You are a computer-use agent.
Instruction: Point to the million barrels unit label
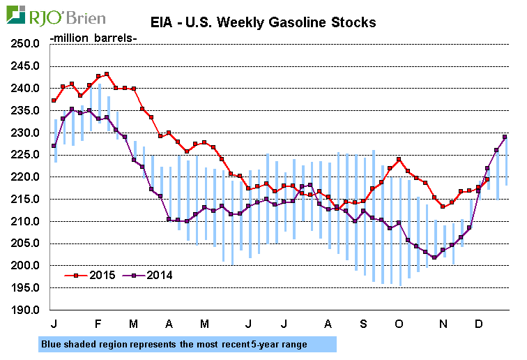[94, 37]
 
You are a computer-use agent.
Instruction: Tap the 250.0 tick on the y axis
[26, 44]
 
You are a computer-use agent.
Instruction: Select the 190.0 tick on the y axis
[26, 310]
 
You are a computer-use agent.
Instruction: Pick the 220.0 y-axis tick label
[26, 177]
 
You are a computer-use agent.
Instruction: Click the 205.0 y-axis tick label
[26, 243]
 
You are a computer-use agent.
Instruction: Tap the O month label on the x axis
[398, 324]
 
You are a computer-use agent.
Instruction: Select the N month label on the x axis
[443, 324]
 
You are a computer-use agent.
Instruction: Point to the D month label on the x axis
[479, 324]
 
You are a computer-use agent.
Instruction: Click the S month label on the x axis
[363, 324]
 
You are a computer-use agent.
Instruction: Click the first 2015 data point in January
[54, 100]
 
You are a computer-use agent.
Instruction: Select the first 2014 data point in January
[54, 146]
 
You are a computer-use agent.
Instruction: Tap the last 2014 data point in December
[505, 137]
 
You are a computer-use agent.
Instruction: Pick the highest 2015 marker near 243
[107, 74]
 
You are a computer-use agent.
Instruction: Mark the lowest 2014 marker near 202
[434, 257]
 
